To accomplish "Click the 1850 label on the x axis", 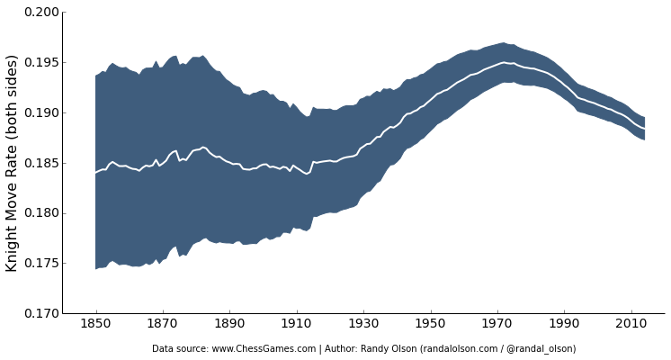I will pos(95,324).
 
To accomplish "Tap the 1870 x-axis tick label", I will pos(162,324).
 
